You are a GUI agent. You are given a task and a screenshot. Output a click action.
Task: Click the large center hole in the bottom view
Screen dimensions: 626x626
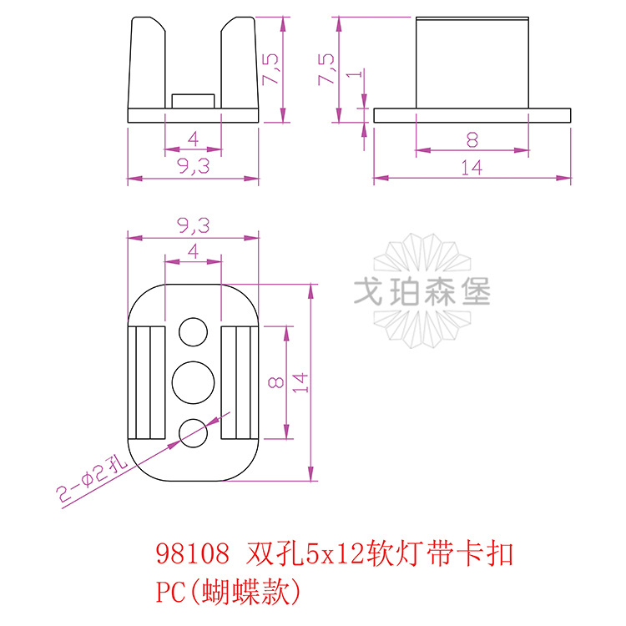(x=194, y=381)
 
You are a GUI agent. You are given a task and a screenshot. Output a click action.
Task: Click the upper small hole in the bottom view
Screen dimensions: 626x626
(x=194, y=331)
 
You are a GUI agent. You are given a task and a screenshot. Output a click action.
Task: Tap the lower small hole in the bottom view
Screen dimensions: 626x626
(x=194, y=431)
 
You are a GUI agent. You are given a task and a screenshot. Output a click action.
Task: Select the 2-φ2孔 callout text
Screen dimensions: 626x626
(x=89, y=479)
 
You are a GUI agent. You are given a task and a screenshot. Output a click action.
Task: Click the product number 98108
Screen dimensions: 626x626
(x=193, y=554)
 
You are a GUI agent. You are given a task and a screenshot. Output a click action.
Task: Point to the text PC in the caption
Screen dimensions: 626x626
(x=169, y=592)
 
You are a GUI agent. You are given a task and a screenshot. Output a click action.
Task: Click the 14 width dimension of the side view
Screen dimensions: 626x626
(x=472, y=167)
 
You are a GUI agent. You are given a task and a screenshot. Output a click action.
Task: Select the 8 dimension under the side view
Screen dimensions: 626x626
(x=472, y=139)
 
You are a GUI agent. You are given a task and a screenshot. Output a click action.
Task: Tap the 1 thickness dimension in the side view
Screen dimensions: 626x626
(x=356, y=75)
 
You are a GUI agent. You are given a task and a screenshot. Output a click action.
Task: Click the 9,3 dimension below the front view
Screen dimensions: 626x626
(x=193, y=167)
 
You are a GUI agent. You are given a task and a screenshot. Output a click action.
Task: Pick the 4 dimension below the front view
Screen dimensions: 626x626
(x=193, y=139)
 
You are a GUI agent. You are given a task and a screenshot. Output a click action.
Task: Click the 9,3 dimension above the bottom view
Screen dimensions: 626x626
(x=193, y=225)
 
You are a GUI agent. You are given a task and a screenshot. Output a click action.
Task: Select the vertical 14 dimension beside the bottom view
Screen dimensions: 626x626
(x=301, y=382)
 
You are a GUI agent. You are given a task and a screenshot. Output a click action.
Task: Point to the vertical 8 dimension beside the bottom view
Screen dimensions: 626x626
(x=278, y=382)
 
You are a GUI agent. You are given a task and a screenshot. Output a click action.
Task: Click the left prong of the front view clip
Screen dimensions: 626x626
(x=145, y=63)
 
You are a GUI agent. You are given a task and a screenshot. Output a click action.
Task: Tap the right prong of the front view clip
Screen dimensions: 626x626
(x=240, y=63)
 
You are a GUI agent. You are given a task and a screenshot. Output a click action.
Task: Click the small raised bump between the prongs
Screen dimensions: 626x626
(x=193, y=100)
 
